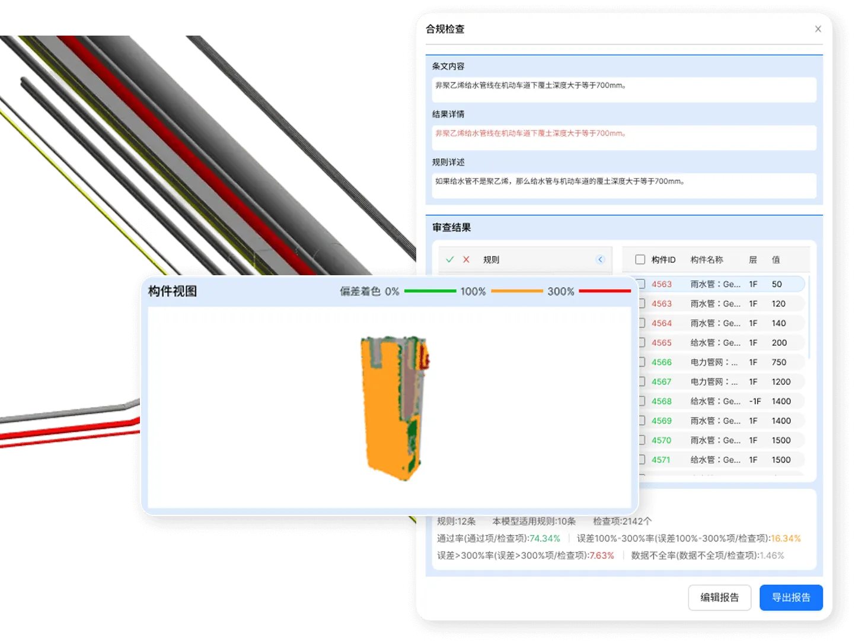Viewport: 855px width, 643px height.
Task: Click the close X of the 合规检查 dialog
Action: tap(818, 29)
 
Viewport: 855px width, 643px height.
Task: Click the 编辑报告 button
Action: tap(719, 597)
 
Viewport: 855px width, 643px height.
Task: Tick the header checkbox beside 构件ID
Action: tap(640, 259)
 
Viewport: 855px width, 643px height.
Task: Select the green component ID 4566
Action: tap(661, 362)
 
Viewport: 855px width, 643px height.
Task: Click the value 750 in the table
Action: tap(779, 362)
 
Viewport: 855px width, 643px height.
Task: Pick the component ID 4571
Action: tap(661, 460)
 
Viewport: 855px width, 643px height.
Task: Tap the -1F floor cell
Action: tap(754, 401)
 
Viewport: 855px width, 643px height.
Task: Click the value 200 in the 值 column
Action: tap(779, 342)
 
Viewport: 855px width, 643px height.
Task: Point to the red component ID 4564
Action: tap(661, 323)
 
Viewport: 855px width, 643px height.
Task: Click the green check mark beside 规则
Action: tap(450, 259)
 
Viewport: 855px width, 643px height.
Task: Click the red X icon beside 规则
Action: tap(466, 259)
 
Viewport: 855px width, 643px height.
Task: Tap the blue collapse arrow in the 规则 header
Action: tap(600, 259)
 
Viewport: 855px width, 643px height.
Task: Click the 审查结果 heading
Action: tap(451, 227)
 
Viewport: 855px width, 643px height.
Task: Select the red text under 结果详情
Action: tap(530, 133)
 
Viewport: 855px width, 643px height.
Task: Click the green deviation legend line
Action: tap(430, 291)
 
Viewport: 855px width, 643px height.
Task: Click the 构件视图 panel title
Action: tap(172, 291)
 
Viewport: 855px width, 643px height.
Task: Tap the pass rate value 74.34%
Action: tap(544, 538)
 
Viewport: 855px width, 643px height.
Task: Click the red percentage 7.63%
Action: tap(601, 555)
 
